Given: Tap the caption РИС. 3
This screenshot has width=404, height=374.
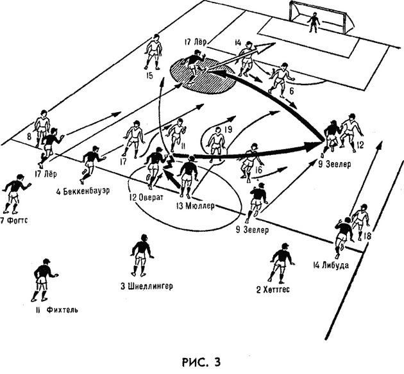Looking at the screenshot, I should pos(202,362).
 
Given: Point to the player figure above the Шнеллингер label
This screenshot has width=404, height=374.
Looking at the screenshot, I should pos(140,254).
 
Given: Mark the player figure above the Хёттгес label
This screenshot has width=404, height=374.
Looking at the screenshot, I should pos(280,263).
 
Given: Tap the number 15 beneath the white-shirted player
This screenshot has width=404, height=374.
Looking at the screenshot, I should pos(149,77).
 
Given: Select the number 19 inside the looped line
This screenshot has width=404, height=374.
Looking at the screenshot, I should pos(227,130).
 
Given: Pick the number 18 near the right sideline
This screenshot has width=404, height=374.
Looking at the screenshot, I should pos(367,236).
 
